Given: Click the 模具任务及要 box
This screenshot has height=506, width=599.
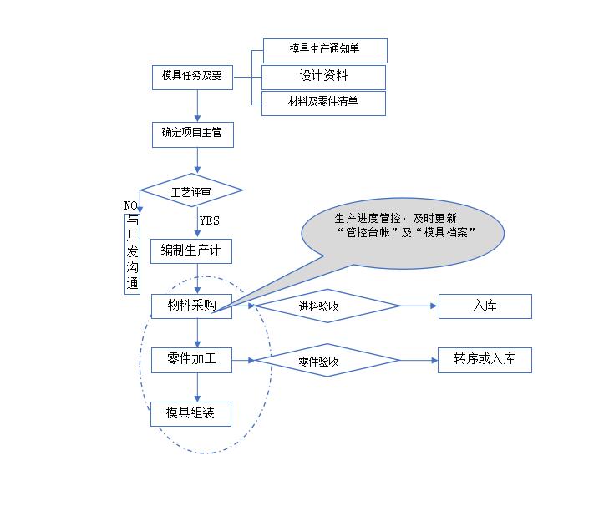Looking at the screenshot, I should (x=192, y=76).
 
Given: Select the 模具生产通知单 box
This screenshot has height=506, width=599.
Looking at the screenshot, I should (x=325, y=50).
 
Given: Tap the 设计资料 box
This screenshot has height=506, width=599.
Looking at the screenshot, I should (x=324, y=77).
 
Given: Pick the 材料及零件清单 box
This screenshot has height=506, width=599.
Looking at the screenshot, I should (x=324, y=103).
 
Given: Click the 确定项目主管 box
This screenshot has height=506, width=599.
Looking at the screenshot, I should (x=192, y=133).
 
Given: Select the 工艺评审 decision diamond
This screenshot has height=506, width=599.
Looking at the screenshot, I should (x=191, y=191).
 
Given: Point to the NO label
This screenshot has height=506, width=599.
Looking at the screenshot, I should (x=130, y=205).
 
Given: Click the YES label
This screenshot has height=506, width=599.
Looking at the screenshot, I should (x=210, y=220).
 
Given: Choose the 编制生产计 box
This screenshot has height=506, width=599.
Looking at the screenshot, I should (x=191, y=251).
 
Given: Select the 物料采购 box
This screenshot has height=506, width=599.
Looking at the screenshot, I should (x=191, y=306).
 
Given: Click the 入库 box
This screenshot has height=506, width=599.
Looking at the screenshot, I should (x=485, y=306).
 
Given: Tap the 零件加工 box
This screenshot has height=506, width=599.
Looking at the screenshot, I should (x=191, y=360).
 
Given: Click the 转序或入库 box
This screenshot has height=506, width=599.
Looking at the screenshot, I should (x=485, y=360).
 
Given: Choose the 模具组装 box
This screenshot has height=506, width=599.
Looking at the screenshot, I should (x=191, y=413).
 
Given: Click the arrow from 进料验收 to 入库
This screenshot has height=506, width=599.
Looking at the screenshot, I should (x=420, y=306).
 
